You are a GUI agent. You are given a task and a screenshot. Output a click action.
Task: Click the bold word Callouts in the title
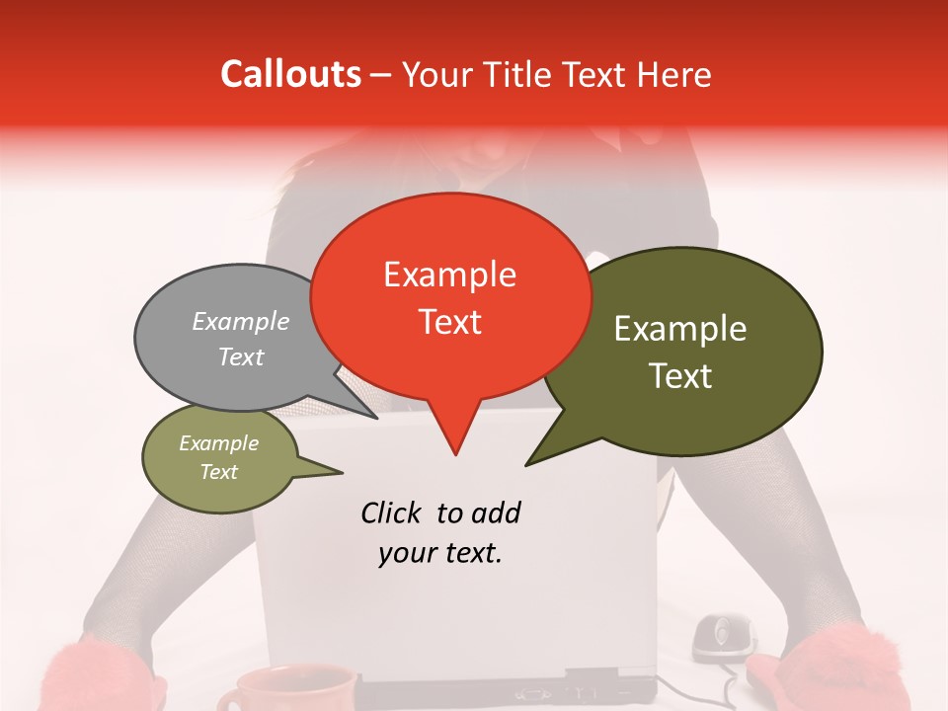[x=290, y=74]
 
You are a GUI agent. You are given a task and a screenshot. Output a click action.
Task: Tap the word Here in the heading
[x=674, y=74]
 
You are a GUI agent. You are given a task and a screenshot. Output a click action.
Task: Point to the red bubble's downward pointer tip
[x=455, y=454]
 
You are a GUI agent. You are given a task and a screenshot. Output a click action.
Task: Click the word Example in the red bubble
[x=450, y=275]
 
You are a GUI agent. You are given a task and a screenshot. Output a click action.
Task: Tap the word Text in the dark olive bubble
[x=681, y=376]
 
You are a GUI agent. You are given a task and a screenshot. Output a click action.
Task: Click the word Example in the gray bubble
[x=241, y=321]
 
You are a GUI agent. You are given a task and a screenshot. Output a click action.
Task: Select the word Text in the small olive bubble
[x=219, y=472]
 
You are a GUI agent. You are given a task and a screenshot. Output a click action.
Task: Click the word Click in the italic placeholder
[x=392, y=513]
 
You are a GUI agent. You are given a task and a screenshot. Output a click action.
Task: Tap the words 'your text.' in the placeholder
[x=440, y=554]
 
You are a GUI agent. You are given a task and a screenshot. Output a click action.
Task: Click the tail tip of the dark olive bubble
[x=527, y=464]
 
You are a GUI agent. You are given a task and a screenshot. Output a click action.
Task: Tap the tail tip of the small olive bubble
[x=342, y=472]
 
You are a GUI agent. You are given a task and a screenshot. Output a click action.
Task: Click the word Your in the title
[x=436, y=74]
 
